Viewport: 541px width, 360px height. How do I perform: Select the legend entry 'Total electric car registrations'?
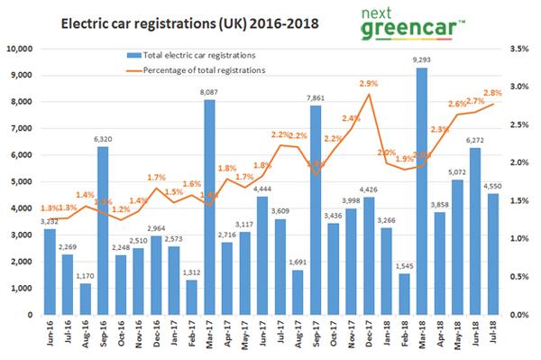tap(199, 54)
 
